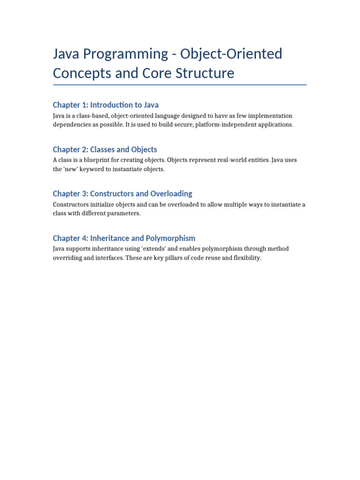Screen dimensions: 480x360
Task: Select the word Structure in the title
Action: coord(205,73)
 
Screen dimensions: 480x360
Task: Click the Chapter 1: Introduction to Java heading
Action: coord(105,105)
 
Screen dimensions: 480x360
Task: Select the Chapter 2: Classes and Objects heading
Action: coord(105,150)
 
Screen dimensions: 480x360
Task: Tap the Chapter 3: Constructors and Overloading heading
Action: coord(122,194)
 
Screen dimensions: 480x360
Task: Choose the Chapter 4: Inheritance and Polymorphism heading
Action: coord(124,238)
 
